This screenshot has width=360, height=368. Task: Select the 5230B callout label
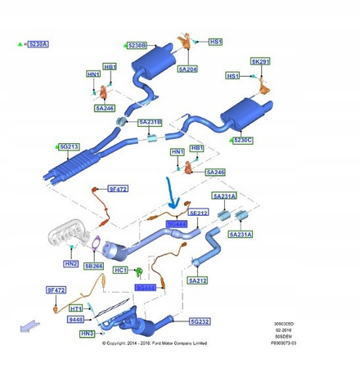tap(136, 45)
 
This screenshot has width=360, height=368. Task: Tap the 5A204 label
tap(188, 70)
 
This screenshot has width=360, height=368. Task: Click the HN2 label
tap(72, 264)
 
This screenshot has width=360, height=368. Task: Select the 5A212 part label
tap(198, 280)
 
